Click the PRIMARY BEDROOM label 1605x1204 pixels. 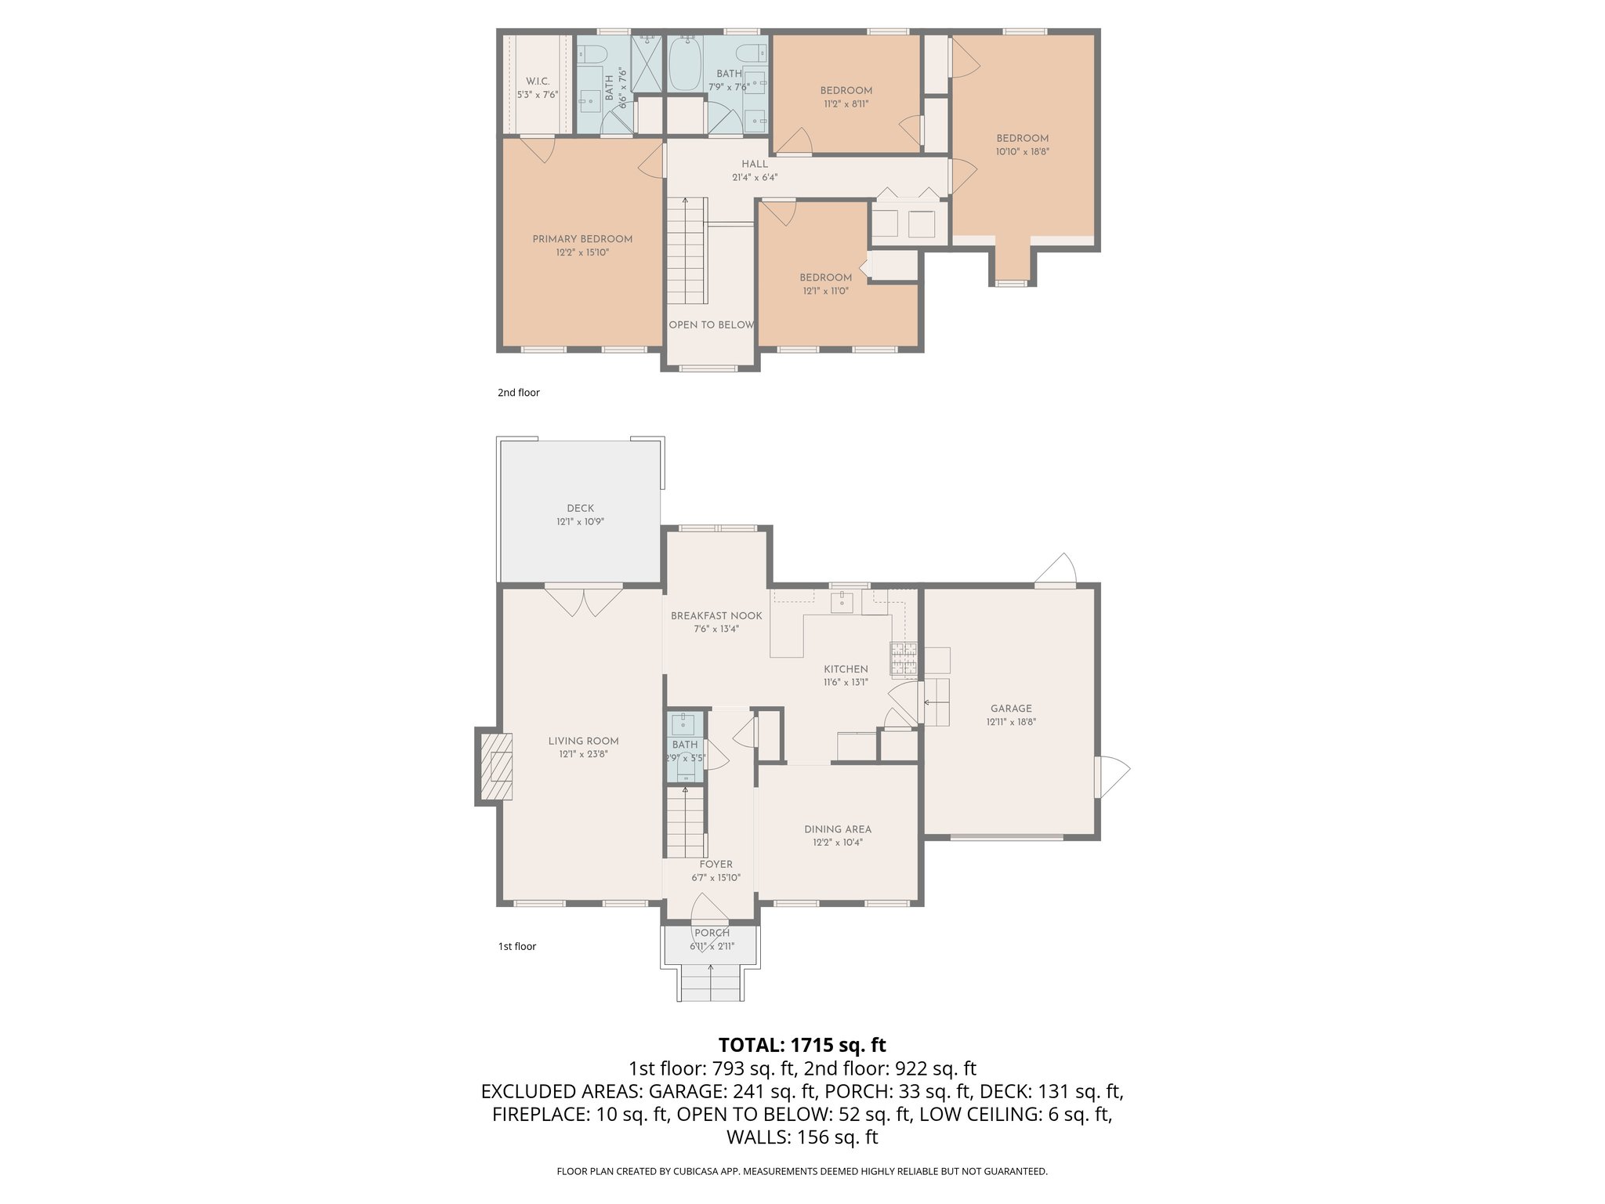(581, 239)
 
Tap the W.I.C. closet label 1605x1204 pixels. (537, 82)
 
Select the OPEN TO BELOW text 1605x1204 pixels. (711, 325)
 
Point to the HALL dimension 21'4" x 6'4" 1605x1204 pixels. (754, 178)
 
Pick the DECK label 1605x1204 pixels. (580, 508)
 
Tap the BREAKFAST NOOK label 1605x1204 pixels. (716, 616)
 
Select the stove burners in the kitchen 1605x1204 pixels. (903, 659)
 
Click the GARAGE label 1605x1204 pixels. (1011, 709)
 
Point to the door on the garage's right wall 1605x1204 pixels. (1112, 776)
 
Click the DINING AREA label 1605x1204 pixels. (837, 829)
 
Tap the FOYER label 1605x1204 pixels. (716, 865)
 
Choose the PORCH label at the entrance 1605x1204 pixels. (712, 933)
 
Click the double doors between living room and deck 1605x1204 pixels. (582, 602)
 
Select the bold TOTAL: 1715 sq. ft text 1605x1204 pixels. (802, 1045)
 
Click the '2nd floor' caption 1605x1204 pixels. (518, 393)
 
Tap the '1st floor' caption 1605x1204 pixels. (516, 946)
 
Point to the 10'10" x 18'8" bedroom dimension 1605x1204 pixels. (1022, 152)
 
